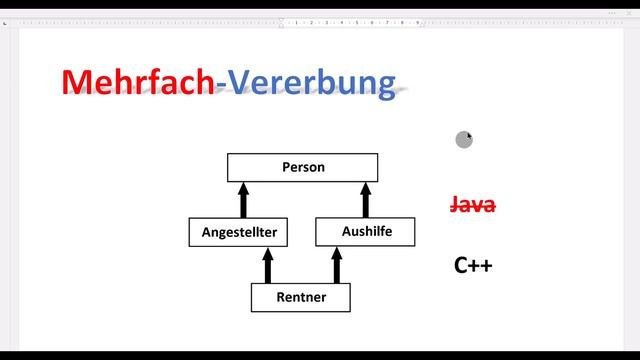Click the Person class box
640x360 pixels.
(302, 167)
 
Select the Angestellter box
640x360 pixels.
(239, 233)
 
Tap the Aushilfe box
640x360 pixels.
(366, 232)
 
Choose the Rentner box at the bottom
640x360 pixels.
(302, 297)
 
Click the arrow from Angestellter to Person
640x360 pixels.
(242, 199)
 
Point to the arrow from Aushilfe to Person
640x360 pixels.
(365, 199)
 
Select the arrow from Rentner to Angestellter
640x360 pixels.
(267, 265)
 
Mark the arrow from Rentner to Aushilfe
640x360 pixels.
(336, 265)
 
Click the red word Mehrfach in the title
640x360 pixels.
(137, 82)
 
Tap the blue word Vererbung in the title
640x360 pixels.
(311, 82)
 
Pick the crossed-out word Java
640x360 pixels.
(473, 205)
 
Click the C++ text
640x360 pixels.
(473, 265)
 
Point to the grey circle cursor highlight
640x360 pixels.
(463, 140)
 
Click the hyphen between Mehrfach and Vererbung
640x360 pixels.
(220, 85)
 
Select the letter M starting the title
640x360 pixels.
(78, 82)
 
